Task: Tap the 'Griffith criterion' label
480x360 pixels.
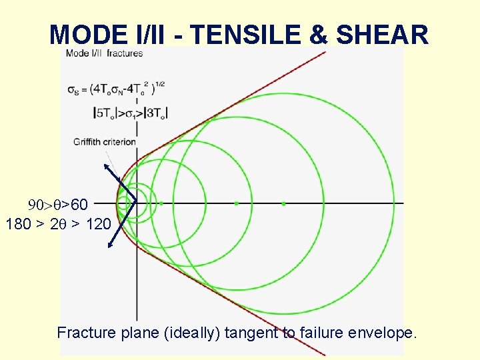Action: tap(105, 141)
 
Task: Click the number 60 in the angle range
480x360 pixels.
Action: tap(79, 203)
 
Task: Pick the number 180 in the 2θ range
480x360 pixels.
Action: tap(18, 224)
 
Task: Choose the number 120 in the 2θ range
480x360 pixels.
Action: tap(99, 224)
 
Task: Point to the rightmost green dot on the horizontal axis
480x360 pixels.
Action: tap(283, 203)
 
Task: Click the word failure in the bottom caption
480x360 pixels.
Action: tap(320, 332)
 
